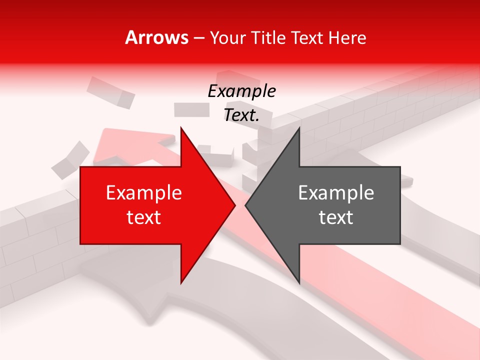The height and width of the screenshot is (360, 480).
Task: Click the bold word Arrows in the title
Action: click(x=157, y=37)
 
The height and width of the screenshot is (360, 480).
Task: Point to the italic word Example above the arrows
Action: click(x=241, y=91)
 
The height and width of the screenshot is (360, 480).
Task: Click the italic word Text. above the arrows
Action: click(x=241, y=115)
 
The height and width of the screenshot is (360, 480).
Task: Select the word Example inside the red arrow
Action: click(x=143, y=193)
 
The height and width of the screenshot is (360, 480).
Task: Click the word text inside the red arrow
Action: click(x=143, y=217)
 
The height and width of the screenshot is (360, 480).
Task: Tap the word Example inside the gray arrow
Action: click(x=336, y=193)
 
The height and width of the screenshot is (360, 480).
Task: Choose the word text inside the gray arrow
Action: click(x=336, y=217)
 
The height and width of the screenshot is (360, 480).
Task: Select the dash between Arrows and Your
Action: click(x=198, y=38)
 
